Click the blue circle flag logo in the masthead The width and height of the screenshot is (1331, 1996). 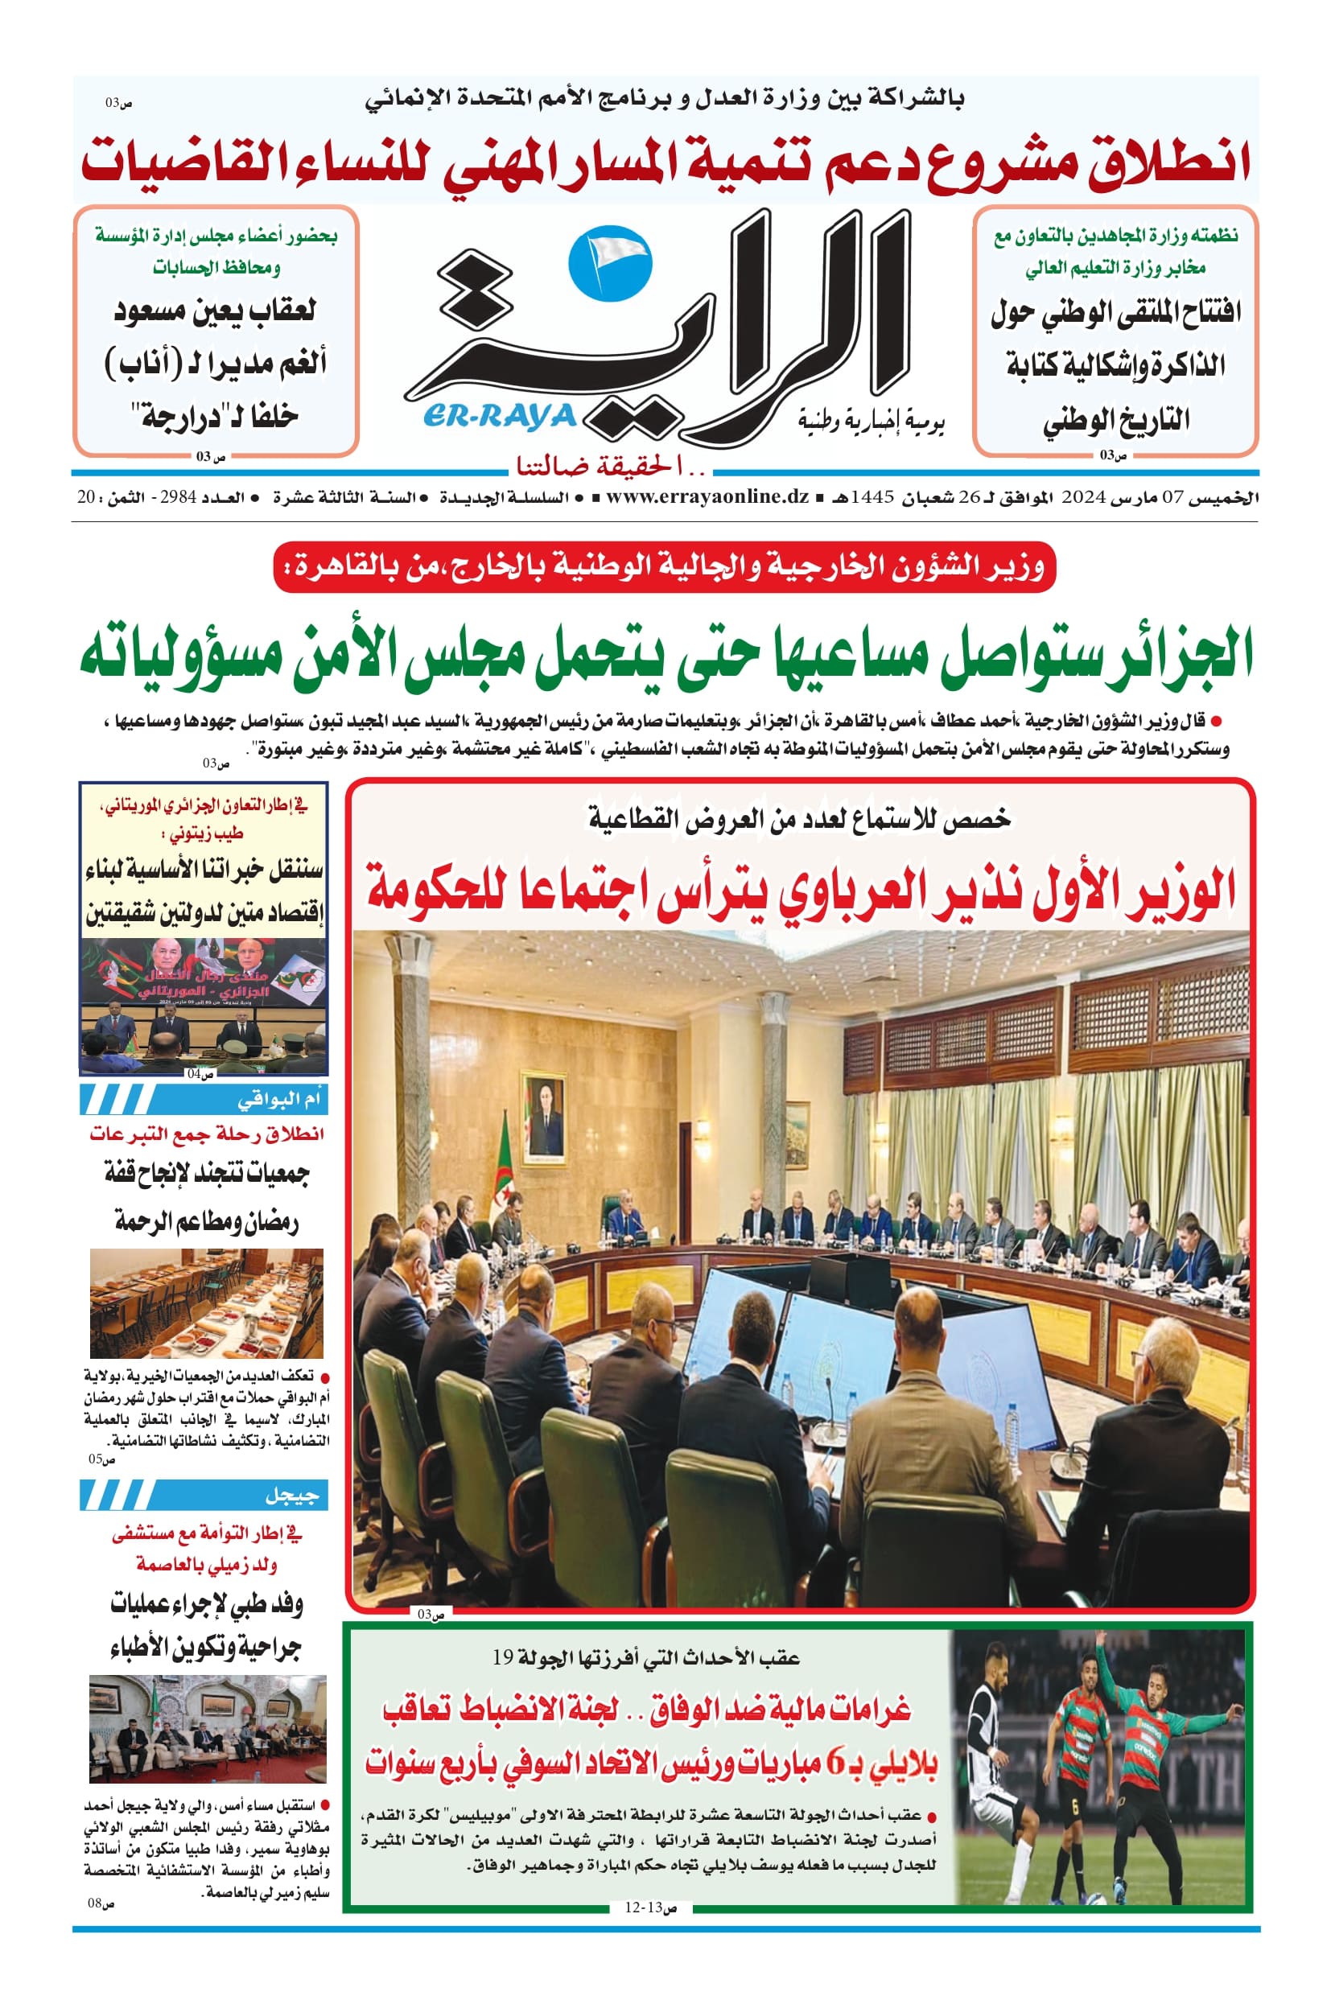(608, 260)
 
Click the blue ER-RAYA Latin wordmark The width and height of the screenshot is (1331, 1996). (497, 417)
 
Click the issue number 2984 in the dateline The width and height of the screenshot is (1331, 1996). (177, 498)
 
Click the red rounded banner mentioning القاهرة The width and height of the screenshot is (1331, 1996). (665, 566)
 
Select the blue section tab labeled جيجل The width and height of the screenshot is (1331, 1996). (204, 1496)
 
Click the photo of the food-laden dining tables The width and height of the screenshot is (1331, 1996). (206, 1303)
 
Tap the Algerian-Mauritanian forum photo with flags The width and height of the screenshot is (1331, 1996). (204, 1006)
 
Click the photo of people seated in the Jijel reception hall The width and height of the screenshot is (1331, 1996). (208, 1729)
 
